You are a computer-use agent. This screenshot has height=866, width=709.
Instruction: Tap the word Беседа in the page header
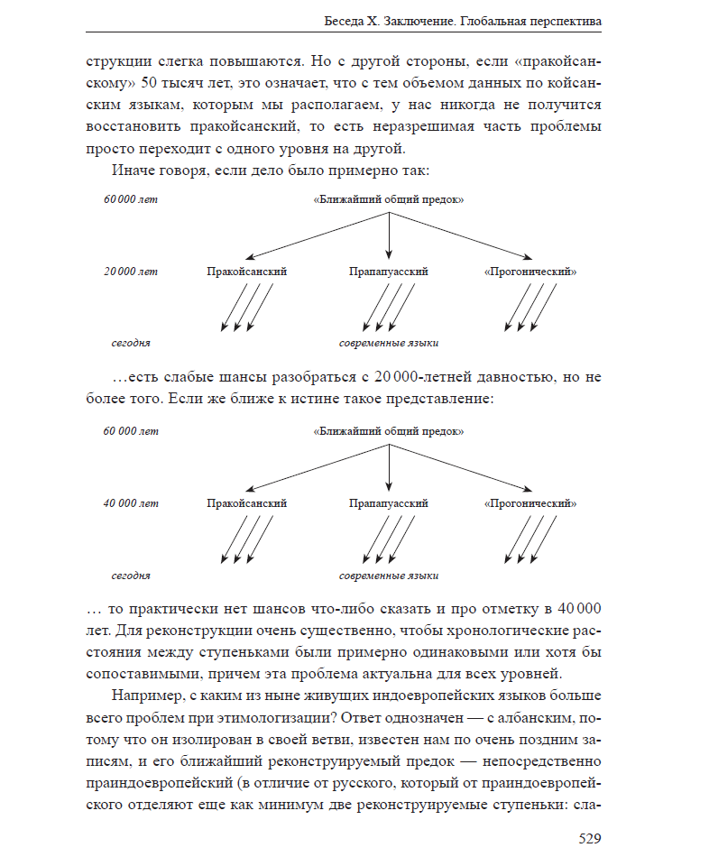coord(345,21)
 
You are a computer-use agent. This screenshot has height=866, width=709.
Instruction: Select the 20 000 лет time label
coord(131,272)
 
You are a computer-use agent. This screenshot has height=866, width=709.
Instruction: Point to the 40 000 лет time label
coord(131,503)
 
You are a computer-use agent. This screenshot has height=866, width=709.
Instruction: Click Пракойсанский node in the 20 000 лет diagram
coord(246,272)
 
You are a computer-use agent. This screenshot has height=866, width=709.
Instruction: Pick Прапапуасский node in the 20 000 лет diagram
coord(388,272)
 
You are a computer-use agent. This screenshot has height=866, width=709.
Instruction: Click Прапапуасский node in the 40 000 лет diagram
coord(388,503)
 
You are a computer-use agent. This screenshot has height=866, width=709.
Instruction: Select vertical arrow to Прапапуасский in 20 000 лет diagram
coord(388,235)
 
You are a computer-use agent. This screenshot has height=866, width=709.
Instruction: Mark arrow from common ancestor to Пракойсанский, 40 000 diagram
coord(316,467)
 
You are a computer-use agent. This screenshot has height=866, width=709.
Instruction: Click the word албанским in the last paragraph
coord(532,719)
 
